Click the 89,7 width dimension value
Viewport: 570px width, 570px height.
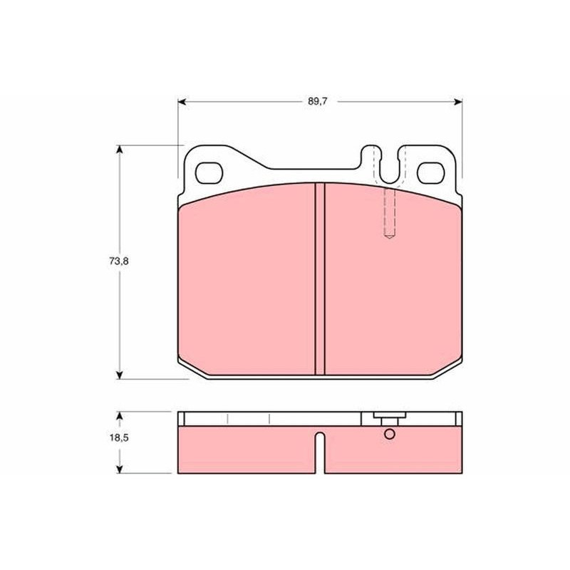(317, 101)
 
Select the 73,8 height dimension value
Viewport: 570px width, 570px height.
(118, 261)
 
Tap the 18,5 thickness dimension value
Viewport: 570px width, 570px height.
(119, 437)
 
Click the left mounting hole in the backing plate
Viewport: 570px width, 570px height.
(209, 173)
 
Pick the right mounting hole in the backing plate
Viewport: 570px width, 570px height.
(431, 173)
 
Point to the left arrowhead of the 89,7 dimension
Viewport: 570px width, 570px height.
(182, 102)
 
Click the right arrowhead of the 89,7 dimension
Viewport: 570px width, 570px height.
(458, 102)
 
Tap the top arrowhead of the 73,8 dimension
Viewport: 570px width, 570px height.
(119, 149)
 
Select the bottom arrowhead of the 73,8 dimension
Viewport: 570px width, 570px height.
(119, 375)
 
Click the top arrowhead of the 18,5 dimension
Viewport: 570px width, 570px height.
(119, 416)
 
